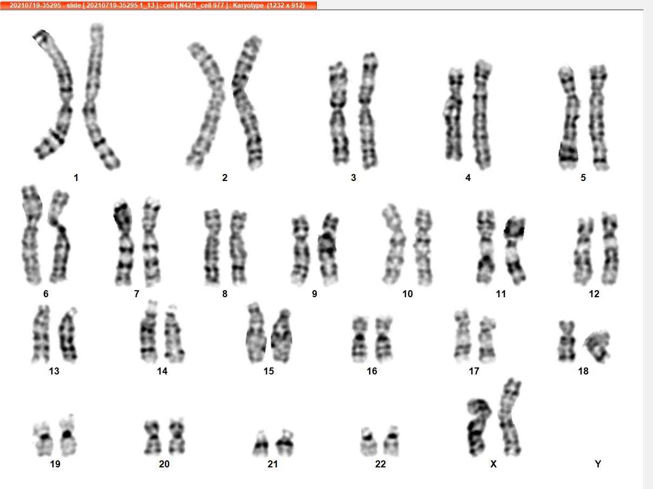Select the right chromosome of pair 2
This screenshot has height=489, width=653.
pyautogui.click(x=246, y=101)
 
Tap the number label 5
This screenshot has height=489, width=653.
pyautogui.click(x=583, y=178)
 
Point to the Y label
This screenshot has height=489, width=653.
pyautogui.click(x=598, y=464)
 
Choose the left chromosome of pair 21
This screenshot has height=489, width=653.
pyautogui.click(x=261, y=444)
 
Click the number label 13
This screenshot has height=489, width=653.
pyautogui.click(x=54, y=371)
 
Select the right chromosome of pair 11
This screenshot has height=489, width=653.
pyautogui.click(x=515, y=250)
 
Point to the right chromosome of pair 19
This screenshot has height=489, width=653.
pyautogui.click(x=68, y=436)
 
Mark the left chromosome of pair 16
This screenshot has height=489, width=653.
pyautogui.click(x=360, y=339)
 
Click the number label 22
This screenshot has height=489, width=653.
pyautogui.click(x=380, y=464)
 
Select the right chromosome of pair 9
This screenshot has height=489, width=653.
pyautogui.click(x=328, y=249)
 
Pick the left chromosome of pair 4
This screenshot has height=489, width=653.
pyautogui.click(x=454, y=115)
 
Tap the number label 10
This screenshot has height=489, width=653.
pyautogui.click(x=407, y=294)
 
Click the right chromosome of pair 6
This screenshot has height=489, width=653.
pyautogui.click(x=60, y=236)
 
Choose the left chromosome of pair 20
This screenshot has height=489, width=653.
pyautogui.click(x=152, y=438)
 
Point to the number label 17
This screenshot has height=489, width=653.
pyautogui.click(x=474, y=371)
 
